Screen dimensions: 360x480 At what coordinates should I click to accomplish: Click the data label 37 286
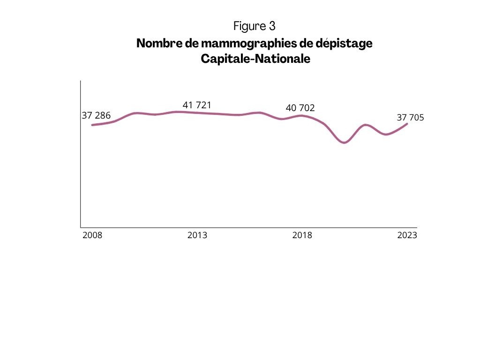tap(96, 115)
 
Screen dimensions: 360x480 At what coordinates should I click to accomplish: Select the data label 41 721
tap(197, 105)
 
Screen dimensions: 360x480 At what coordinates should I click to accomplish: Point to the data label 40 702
tap(300, 108)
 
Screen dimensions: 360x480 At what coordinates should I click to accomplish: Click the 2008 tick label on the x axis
tap(92, 235)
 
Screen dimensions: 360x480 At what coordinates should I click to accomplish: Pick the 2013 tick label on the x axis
tap(197, 235)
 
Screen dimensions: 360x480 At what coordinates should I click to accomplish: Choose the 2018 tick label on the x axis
tap(302, 235)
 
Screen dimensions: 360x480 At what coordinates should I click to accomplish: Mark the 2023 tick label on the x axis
tap(407, 235)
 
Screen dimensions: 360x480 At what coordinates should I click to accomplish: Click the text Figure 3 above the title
tap(256, 25)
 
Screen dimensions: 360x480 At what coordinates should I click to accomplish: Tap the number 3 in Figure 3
tap(272, 25)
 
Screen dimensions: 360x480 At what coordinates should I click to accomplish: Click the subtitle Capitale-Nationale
tap(255, 60)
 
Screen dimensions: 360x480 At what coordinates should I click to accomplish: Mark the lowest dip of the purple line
tap(345, 142)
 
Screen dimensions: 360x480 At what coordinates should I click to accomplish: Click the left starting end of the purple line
tap(92, 125)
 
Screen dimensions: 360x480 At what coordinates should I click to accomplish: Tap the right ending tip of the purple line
tap(407, 124)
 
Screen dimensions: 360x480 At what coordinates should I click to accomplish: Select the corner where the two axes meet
tap(81, 227)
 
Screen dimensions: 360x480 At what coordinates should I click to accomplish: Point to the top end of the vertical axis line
tap(81, 81)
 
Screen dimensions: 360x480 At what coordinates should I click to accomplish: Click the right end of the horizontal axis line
tap(416, 227)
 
